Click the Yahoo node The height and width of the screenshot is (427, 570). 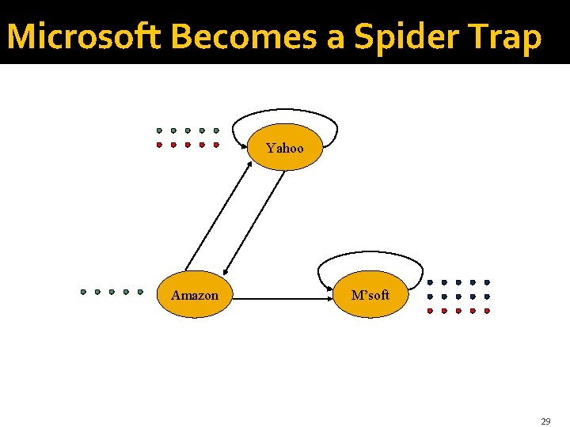click(285, 148)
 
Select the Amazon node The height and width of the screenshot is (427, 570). click(195, 295)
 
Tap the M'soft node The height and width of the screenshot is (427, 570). click(370, 295)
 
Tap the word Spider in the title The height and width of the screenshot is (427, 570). click(406, 36)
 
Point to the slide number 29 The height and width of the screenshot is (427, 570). click(545, 421)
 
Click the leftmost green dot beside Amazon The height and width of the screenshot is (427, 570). click(83, 292)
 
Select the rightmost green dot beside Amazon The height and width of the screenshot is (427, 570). click(140, 292)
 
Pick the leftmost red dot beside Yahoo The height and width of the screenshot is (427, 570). click(159, 145)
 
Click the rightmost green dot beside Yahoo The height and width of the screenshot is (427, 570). click(216, 130)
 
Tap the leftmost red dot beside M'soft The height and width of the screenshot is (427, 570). click(430, 311)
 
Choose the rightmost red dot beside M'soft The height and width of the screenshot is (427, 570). click(488, 311)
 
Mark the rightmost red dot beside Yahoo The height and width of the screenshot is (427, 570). click(216, 145)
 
